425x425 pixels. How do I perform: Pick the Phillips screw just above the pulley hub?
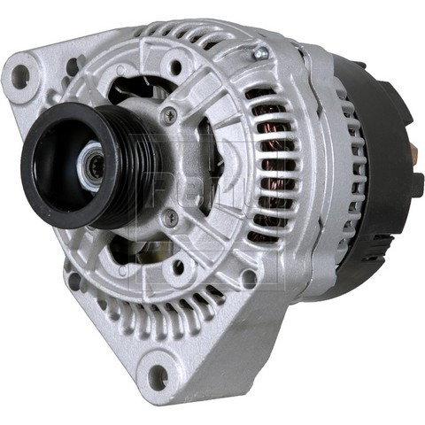coord(168,112)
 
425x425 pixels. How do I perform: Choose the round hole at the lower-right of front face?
coord(249,277)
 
